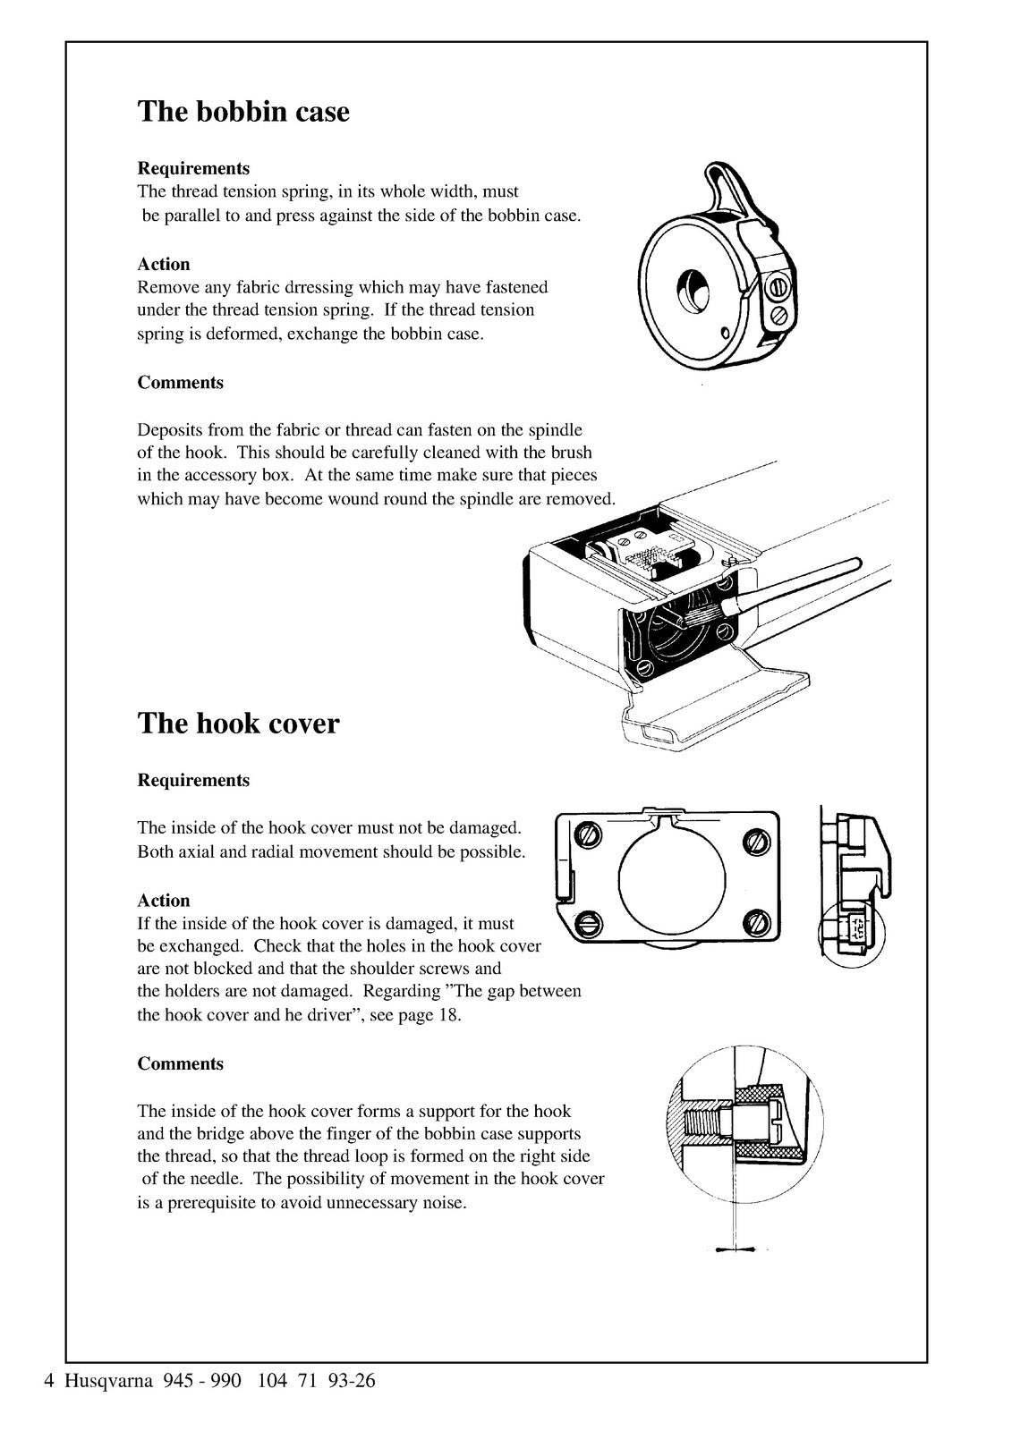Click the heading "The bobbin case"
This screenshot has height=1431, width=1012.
pyautogui.click(x=243, y=112)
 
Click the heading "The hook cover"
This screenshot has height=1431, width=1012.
pyautogui.click(x=238, y=723)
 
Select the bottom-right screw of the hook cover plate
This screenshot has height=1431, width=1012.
pyautogui.click(x=756, y=921)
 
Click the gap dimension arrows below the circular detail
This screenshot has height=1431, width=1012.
pyautogui.click(x=735, y=1250)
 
